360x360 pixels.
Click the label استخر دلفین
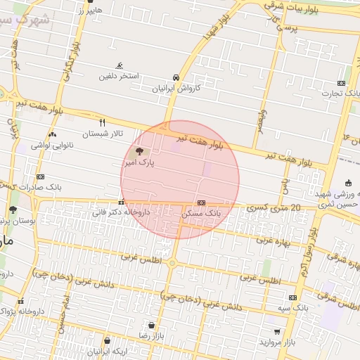point(118,75)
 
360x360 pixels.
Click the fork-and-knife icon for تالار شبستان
point(103,122)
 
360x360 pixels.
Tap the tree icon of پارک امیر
point(139,151)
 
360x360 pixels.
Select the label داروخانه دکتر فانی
point(122,211)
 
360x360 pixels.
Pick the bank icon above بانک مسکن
point(201,201)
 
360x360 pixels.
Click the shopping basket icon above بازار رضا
point(152,325)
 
